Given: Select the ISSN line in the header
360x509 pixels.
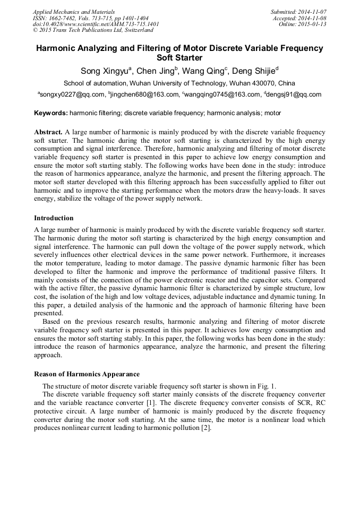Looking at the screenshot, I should [90, 18].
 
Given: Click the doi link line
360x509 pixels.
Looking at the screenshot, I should [96, 24].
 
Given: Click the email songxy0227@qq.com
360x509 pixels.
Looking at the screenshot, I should [72, 95].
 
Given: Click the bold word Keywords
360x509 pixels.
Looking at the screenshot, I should [50, 113].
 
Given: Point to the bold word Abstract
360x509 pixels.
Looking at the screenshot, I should [48, 131].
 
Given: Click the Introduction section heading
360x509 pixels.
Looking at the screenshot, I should [54, 218].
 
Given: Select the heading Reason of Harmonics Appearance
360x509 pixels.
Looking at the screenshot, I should [87, 374].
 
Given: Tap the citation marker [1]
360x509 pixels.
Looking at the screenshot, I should [150, 403].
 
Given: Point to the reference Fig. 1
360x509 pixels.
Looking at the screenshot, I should [265, 386].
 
